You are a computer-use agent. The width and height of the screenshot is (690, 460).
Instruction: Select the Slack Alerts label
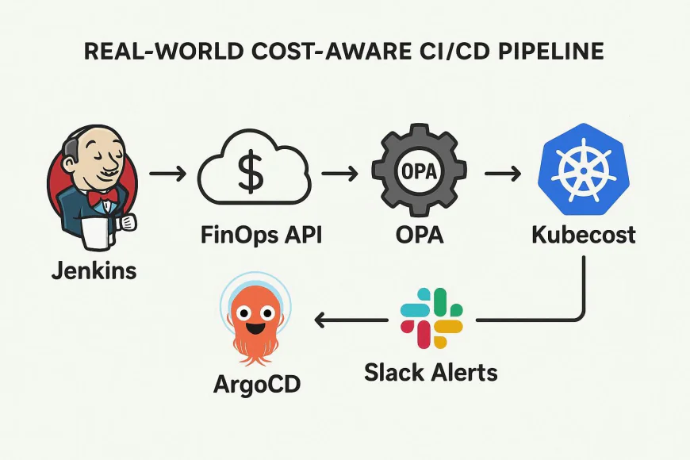click(x=431, y=370)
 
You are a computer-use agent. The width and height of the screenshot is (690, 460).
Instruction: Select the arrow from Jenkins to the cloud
click(x=167, y=173)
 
